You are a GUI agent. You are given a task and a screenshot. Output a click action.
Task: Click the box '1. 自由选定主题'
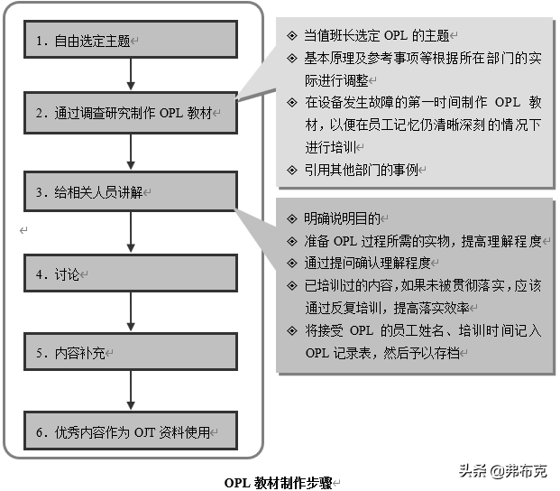click(131, 40)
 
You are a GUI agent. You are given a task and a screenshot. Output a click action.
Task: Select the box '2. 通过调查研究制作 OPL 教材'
click(131, 115)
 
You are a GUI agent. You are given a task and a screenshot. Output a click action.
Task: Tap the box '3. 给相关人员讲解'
click(131, 191)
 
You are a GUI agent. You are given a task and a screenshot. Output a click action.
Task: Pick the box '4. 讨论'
click(131, 273)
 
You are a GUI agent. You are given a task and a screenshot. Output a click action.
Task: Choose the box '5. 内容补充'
click(131, 351)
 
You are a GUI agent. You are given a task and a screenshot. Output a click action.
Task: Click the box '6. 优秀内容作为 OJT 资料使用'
click(131, 432)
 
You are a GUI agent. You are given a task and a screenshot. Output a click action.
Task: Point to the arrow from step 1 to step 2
click(132, 76)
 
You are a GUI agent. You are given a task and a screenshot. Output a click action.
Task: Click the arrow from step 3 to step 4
click(132, 232)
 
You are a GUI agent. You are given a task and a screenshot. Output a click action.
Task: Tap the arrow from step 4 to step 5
click(132, 312)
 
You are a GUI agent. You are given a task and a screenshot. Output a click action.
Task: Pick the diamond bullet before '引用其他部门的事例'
click(290, 170)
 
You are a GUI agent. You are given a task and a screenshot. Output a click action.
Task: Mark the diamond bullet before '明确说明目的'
click(290, 218)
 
